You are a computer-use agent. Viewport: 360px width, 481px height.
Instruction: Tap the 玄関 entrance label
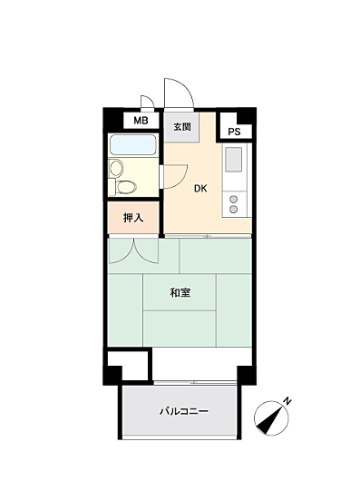point(180,126)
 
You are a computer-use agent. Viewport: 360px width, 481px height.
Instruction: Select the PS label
point(234,133)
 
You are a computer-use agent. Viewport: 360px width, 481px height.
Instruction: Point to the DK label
point(199,189)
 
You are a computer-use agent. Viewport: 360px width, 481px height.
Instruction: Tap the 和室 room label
point(180,292)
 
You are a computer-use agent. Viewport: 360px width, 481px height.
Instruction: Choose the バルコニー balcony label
point(184,411)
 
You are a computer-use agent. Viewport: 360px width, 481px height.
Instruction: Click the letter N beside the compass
point(287,400)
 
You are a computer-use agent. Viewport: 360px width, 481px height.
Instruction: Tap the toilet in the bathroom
point(128,187)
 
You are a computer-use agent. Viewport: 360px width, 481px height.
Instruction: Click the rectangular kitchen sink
point(233,162)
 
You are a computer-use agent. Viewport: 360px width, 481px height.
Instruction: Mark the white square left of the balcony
point(126,367)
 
